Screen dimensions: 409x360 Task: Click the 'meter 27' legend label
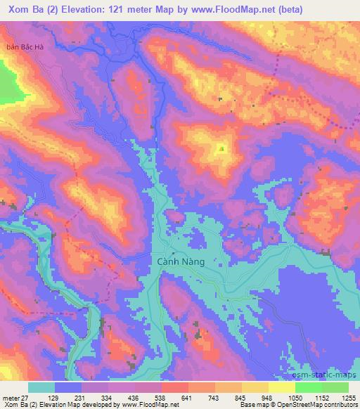pos(15,397)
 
